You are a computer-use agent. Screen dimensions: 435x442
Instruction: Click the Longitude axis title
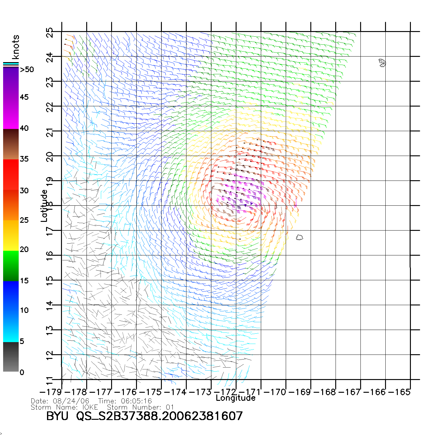[236, 398]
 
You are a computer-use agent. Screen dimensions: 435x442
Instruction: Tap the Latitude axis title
[44, 206]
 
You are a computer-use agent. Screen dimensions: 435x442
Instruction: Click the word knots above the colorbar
[16, 47]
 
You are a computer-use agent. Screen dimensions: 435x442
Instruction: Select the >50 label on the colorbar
[27, 70]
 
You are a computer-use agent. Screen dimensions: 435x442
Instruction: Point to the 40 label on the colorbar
[24, 128]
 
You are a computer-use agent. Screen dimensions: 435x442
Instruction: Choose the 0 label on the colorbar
[22, 372]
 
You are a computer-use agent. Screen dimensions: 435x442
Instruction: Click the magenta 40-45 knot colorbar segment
[11, 113]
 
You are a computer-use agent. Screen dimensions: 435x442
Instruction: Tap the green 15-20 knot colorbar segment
[11, 266]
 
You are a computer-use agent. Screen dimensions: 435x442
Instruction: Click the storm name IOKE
[90, 407]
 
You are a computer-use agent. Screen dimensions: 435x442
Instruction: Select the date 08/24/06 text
[71, 401]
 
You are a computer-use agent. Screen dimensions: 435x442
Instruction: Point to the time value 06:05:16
[137, 401]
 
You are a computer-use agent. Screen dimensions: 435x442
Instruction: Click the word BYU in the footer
[57, 416]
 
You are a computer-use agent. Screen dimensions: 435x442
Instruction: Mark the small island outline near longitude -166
[382, 63]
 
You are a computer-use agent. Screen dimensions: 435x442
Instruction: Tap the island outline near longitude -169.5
[299, 237]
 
